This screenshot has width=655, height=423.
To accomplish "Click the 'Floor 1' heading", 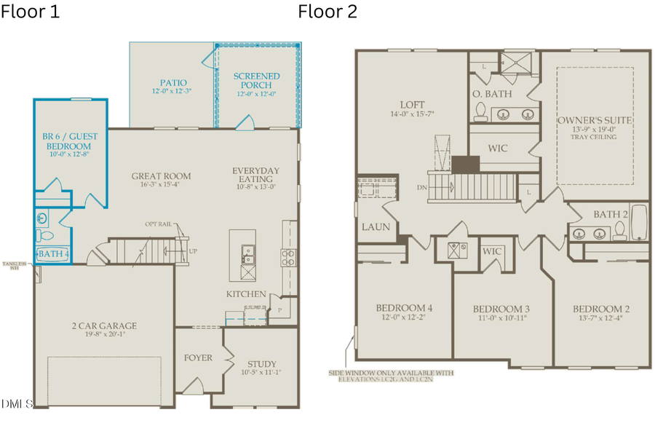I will tap(30, 12).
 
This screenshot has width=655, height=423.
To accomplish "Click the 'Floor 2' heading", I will tap(327, 12).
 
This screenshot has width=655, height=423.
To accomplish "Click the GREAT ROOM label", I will tap(161, 175).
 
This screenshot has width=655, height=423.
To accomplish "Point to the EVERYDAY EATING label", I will tap(255, 175).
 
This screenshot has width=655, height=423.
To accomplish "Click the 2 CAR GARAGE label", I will tap(104, 325).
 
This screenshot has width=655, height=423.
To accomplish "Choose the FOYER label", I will tap(198, 357).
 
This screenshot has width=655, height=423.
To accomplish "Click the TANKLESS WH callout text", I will tap(14, 265).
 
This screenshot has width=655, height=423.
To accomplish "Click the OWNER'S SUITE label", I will tap(595, 120).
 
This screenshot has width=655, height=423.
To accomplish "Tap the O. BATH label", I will tap(492, 94).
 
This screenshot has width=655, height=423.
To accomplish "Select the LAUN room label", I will tap(376, 227).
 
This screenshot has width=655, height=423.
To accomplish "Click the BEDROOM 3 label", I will tap(501, 309).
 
